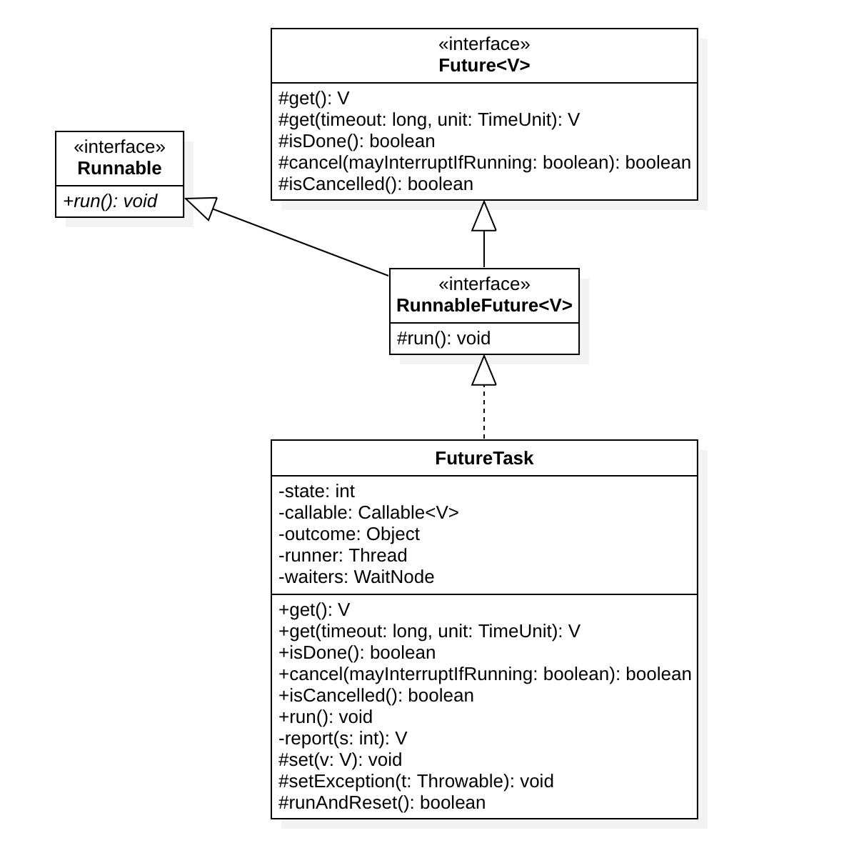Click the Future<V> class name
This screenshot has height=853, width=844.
[484, 65]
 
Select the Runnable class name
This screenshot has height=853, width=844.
[120, 168]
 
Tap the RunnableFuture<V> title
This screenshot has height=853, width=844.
[484, 305]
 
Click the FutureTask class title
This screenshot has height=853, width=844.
[484, 458]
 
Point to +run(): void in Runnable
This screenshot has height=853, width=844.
[111, 201]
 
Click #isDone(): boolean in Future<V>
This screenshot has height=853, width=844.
[357, 141]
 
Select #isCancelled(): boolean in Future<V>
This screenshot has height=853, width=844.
[376, 184]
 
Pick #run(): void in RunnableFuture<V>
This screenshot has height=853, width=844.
[443, 339]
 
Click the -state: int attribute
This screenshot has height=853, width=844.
[316, 492]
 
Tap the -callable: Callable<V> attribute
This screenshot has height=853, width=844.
[368, 512]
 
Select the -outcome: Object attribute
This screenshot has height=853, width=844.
[349, 534]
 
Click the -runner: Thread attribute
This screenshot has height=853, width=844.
[343, 555]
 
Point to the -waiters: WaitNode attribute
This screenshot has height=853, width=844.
[356, 577]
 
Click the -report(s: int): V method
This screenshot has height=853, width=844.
[343, 738]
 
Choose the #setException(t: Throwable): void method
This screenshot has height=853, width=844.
[416, 781]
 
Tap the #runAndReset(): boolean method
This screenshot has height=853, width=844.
[382, 802]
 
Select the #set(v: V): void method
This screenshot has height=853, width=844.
[340, 759]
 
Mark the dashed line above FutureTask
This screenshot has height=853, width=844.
[484, 411]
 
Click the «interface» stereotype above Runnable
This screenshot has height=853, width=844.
[120, 147]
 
